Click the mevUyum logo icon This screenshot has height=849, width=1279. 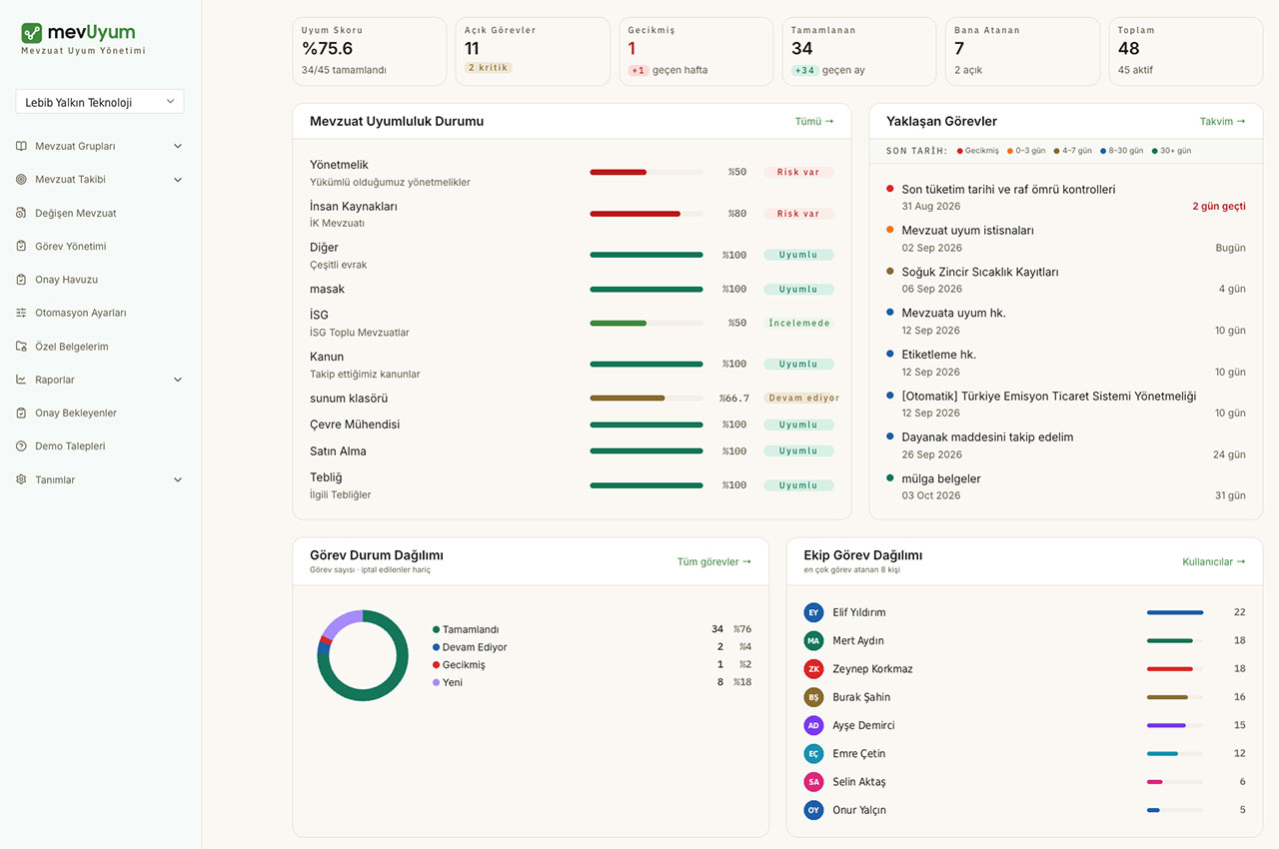pyautogui.click(x=31, y=33)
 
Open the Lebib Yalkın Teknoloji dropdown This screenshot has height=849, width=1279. pyautogui.click(x=99, y=102)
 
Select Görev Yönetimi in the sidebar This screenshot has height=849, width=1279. pyautogui.click(x=70, y=246)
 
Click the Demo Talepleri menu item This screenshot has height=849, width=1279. pyautogui.click(x=70, y=445)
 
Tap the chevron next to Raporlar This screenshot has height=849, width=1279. pyautogui.click(x=178, y=380)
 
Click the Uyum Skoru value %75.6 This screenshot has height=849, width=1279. pyautogui.click(x=327, y=49)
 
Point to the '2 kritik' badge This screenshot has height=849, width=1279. pyautogui.click(x=488, y=67)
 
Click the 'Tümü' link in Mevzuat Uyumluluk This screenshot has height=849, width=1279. pyautogui.click(x=814, y=121)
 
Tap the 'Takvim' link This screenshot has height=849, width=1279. pyautogui.click(x=1222, y=121)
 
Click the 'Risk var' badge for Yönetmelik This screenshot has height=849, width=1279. pyautogui.click(x=798, y=172)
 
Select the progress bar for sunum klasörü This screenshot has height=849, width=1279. pyautogui.click(x=646, y=398)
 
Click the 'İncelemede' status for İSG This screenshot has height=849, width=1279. pyautogui.click(x=798, y=323)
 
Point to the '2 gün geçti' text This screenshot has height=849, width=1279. pyautogui.click(x=1218, y=206)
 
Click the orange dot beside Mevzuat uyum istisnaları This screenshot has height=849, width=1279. pyautogui.click(x=889, y=230)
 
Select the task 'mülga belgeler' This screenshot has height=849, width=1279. pyautogui.click(x=941, y=478)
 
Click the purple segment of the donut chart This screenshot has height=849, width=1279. pyautogui.click(x=341, y=621)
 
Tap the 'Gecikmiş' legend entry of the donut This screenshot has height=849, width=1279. pyautogui.click(x=463, y=664)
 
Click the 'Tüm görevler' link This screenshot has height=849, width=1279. pyautogui.click(x=713, y=561)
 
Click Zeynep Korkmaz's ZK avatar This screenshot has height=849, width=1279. pyautogui.click(x=813, y=668)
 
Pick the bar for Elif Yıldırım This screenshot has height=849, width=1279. pyautogui.click(x=1174, y=612)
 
